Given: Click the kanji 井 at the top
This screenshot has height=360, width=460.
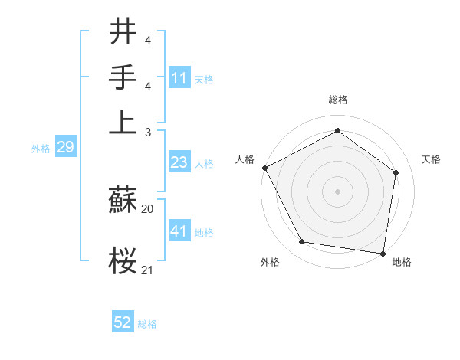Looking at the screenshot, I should (123, 33).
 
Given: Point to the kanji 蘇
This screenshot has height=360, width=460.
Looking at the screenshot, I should (123, 201).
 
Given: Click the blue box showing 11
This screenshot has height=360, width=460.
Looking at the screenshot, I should (179, 77).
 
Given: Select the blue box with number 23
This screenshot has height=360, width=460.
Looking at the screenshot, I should (179, 162).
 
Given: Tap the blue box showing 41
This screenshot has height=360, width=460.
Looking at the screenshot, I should (179, 231).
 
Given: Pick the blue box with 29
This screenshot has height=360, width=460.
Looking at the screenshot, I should (65, 147).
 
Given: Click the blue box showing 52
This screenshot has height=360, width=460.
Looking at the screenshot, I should (123, 322).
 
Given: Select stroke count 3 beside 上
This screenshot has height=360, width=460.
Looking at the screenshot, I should (149, 133).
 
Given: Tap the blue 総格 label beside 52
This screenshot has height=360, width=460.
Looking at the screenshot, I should (147, 324).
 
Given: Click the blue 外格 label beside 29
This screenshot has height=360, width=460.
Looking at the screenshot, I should (40, 149).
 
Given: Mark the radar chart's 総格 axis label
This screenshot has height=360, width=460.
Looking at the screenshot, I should (337, 100).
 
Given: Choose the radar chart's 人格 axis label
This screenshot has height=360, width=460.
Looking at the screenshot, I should (245, 159).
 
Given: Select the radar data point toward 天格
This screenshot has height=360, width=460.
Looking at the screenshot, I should (396, 172).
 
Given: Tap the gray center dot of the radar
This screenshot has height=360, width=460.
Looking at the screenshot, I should (337, 191).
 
